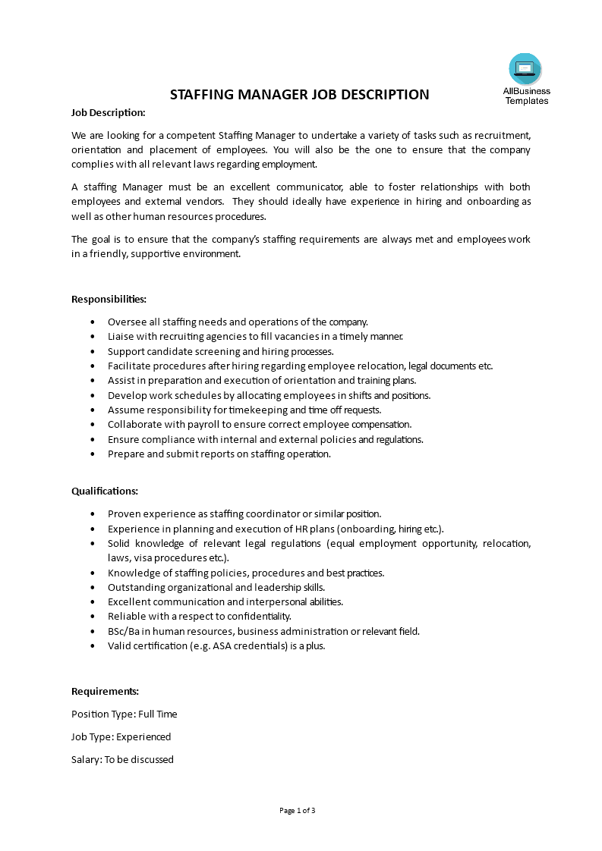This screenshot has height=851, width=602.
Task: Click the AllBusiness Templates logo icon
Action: (525, 70)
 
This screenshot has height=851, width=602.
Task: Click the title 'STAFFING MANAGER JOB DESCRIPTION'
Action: (299, 95)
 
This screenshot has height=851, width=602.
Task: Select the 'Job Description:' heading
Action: (108, 112)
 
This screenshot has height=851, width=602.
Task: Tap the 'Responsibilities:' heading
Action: (109, 299)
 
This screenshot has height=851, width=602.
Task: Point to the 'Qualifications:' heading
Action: (105, 491)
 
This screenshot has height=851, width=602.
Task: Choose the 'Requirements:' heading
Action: (105, 691)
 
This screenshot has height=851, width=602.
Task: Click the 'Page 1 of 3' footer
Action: (298, 810)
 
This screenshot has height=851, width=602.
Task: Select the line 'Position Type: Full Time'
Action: (124, 714)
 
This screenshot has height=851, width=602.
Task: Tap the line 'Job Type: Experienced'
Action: (121, 736)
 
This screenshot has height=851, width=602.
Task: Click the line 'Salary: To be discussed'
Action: (122, 759)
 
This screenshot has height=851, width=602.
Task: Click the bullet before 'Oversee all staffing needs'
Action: (93, 322)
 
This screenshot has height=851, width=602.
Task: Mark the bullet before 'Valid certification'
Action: (93, 646)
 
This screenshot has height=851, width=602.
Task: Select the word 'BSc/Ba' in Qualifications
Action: (123, 631)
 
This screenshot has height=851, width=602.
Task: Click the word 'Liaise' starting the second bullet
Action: (121, 336)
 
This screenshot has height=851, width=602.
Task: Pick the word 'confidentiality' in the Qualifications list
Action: (254, 617)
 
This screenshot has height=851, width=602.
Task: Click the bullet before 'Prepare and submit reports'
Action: (93, 454)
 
